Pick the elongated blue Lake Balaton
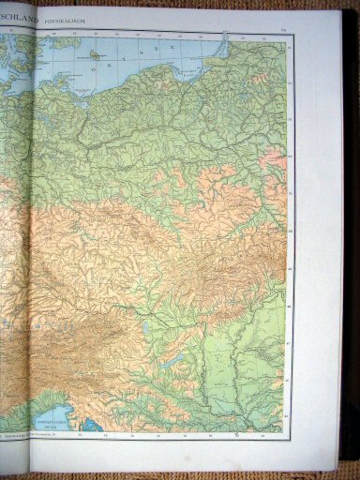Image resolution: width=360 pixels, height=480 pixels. pos(172,358)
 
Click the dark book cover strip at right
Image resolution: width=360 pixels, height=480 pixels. pos(349,234)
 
